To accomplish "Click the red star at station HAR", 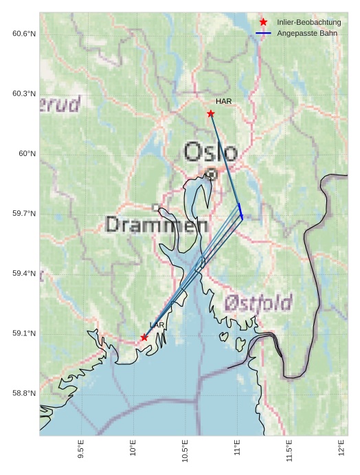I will [x=211, y=113].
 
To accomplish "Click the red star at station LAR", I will [x=144, y=338].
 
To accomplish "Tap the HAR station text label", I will [x=223, y=102].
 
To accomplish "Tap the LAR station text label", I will [x=157, y=325].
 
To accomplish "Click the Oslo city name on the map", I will [x=211, y=152].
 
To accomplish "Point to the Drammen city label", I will [x=157, y=225].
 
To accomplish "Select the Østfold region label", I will [x=258, y=302].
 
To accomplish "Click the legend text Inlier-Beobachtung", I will [x=309, y=23].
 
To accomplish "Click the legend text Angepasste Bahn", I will [x=307, y=33].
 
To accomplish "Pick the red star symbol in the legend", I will [x=263, y=23].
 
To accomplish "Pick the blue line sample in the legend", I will [x=263, y=33].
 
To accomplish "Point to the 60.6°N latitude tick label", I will [x=24, y=34].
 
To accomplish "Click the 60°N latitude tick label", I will [x=27, y=154].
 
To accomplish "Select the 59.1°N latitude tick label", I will [x=24, y=334].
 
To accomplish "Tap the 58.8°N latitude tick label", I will [x=24, y=394].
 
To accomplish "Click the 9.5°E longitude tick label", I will [x=81, y=449].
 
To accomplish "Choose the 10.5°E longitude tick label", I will [x=185, y=449].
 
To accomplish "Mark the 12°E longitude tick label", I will [x=342, y=448].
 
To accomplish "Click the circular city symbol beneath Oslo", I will [x=212, y=175].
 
